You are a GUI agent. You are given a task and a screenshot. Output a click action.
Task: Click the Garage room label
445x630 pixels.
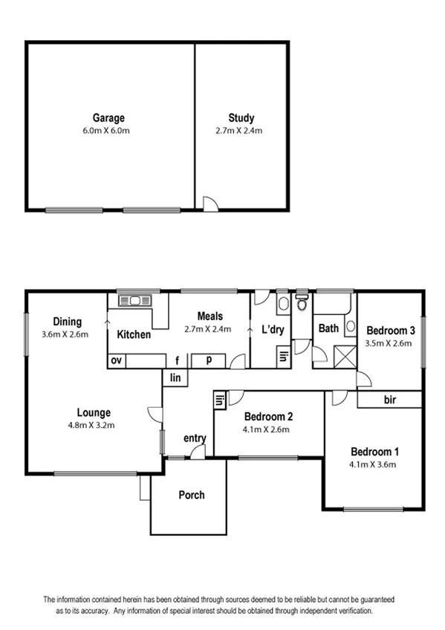point(108,117)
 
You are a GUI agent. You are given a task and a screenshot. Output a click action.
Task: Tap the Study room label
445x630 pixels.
point(241,117)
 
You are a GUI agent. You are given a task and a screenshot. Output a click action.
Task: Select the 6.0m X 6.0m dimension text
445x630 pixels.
point(108,130)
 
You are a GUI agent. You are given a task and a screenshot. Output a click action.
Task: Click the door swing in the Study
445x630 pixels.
point(211,203)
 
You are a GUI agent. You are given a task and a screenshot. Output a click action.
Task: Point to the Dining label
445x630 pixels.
point(67,322)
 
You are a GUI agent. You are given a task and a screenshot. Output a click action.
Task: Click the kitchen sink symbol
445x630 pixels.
point(137,301)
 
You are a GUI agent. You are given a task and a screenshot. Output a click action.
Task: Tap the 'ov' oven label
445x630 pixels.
point(117,360)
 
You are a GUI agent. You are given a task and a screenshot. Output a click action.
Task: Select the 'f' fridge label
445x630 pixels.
point(177,361)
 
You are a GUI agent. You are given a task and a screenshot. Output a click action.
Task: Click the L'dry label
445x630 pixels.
point(273,331)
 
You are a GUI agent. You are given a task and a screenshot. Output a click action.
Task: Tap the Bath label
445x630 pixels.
point(328,328)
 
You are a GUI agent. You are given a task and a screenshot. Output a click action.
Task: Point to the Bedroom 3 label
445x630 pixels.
point(390,331)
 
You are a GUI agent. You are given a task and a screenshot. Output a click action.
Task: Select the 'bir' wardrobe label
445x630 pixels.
point(390,400)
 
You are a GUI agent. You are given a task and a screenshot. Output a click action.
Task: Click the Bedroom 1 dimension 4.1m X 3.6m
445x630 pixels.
point(374,465)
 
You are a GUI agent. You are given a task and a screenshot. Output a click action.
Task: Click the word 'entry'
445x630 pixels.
point(195,438)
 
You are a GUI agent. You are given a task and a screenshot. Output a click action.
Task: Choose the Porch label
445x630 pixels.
point(191,495)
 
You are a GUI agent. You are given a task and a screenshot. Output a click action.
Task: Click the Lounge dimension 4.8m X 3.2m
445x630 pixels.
point(94,426)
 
